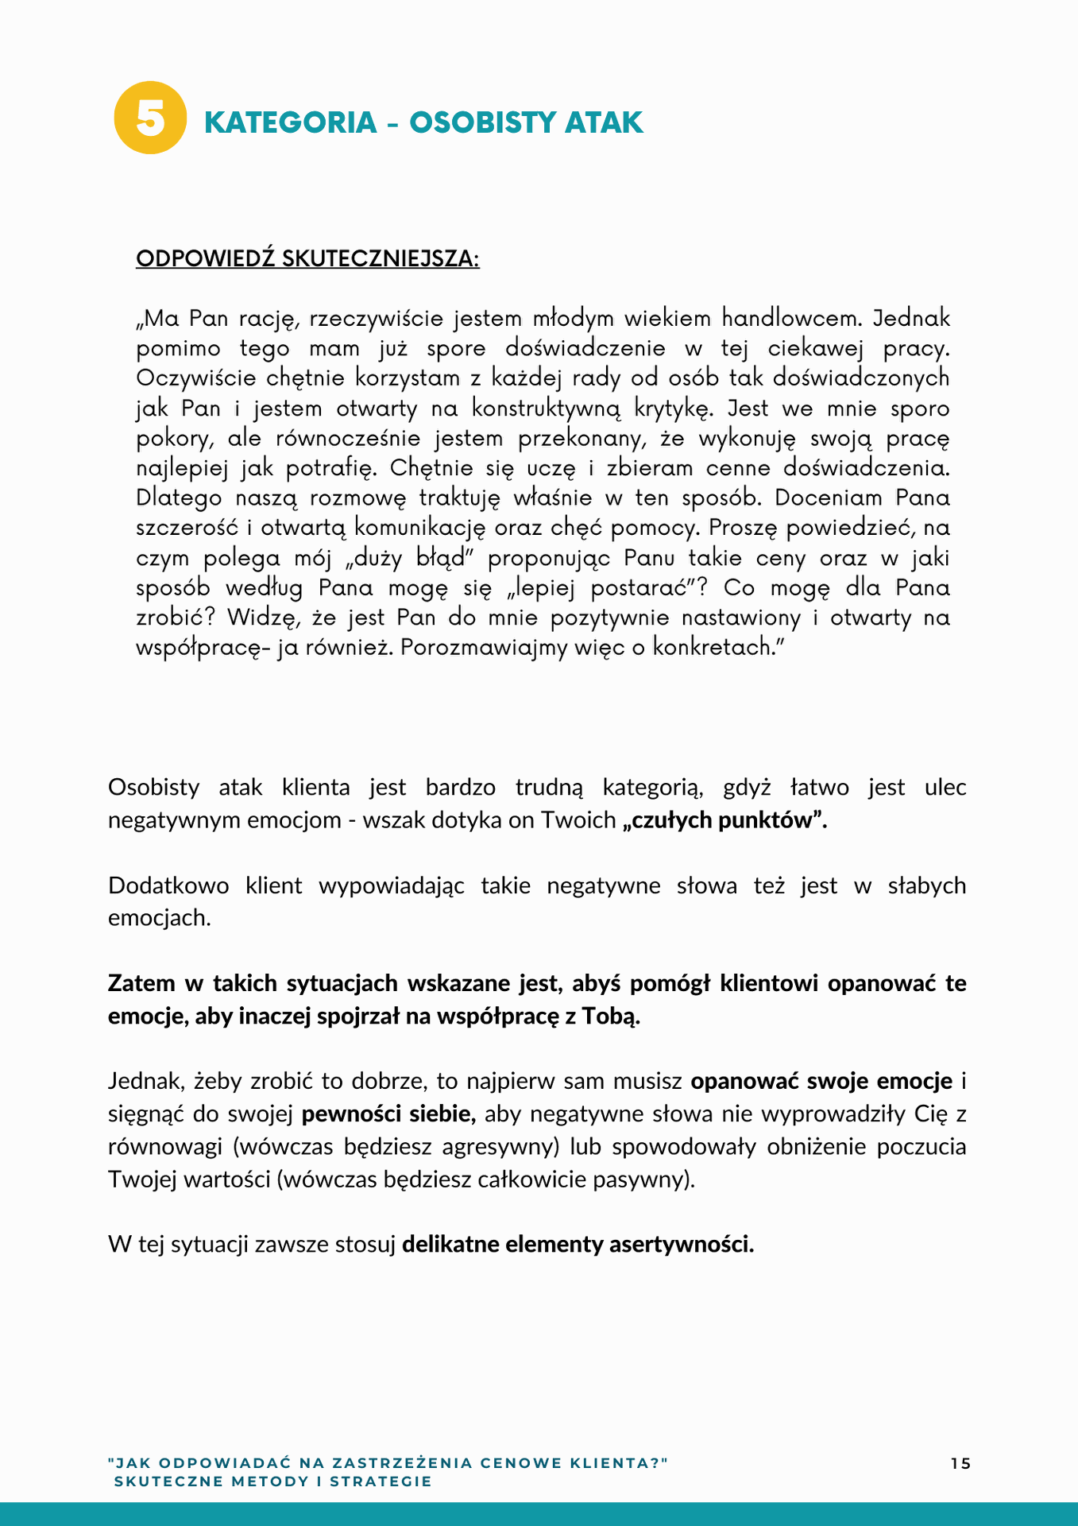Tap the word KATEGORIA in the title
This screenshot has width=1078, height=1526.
[291, 123]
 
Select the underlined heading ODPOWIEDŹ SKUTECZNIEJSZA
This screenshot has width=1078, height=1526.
[307, 259]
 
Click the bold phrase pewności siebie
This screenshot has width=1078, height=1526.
[388, 1114]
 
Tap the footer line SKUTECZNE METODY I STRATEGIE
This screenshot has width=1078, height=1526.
[273, 1481]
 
